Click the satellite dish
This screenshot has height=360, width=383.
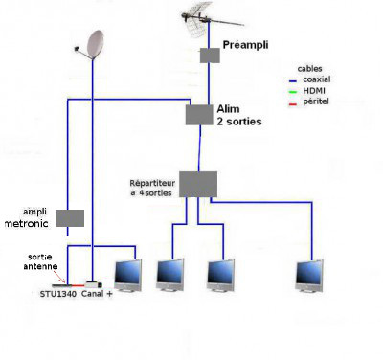95,45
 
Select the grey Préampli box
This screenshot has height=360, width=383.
210,56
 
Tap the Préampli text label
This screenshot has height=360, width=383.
245,45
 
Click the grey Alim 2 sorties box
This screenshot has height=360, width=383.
199,115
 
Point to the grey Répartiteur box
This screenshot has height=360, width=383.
198,184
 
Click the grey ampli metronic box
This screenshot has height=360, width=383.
70,218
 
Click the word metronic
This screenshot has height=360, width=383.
27,223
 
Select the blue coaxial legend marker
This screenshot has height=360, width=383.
293,81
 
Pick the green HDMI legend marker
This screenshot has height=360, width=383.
293,92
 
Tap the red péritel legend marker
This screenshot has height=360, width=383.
293,103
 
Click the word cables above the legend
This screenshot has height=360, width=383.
309,69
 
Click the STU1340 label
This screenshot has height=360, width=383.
58,294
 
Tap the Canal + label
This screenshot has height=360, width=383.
97,294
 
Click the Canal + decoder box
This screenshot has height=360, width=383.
94,284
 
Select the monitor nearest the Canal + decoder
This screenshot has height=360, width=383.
128,276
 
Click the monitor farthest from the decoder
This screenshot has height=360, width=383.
309,276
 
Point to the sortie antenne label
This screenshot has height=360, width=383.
40,261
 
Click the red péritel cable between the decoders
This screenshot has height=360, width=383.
78,285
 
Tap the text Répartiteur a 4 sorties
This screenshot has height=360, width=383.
152,189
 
